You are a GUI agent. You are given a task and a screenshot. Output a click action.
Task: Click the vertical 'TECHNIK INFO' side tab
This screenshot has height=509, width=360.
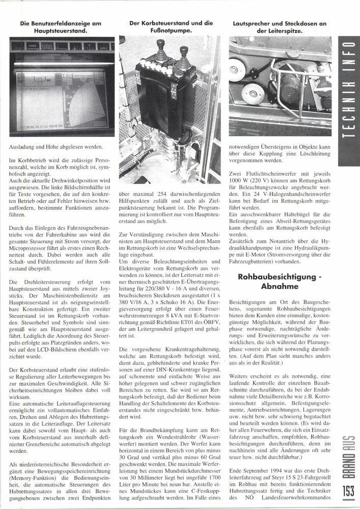tap(350, 97)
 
